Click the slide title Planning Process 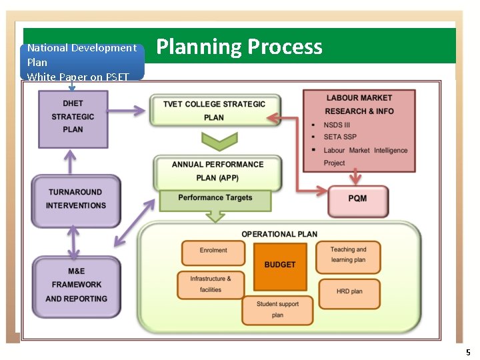pyautogui.click(x=239, y=47)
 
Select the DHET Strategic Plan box pyautogui.click(x=73, y=117)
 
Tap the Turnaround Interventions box pyautogui.click(x=76, y=199)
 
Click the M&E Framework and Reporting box pyautogui.click(x=76, y=285)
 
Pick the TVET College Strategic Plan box pyautogui.click(x=214, y=111)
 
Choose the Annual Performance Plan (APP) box pyautogui.click(x=217, y=171)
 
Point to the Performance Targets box pyautogui.click(x=215, y=199)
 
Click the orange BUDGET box pyautogui.click(x=280, y=265)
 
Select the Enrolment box pyautogui.click(x=213, y=251)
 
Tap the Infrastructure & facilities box pyautogui.click(x=211, y=285)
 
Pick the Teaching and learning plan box pyautogui.click(x=348, y=255)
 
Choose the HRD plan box pyautogui.click(x=349, y=292)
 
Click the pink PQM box pyautogui.click(x=357, y=199)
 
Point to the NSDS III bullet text pyautogui.click(x=337, y=125)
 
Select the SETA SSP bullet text pyautogui.click(x=340, y=137)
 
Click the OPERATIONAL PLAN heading pyautogui.click(x=279, y=234)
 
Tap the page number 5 pyautogui.click(x=468, y=352)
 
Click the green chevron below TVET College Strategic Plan pyautogui.click(x=219, y=141)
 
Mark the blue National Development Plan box pyautogui.click(x=82, y=61)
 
